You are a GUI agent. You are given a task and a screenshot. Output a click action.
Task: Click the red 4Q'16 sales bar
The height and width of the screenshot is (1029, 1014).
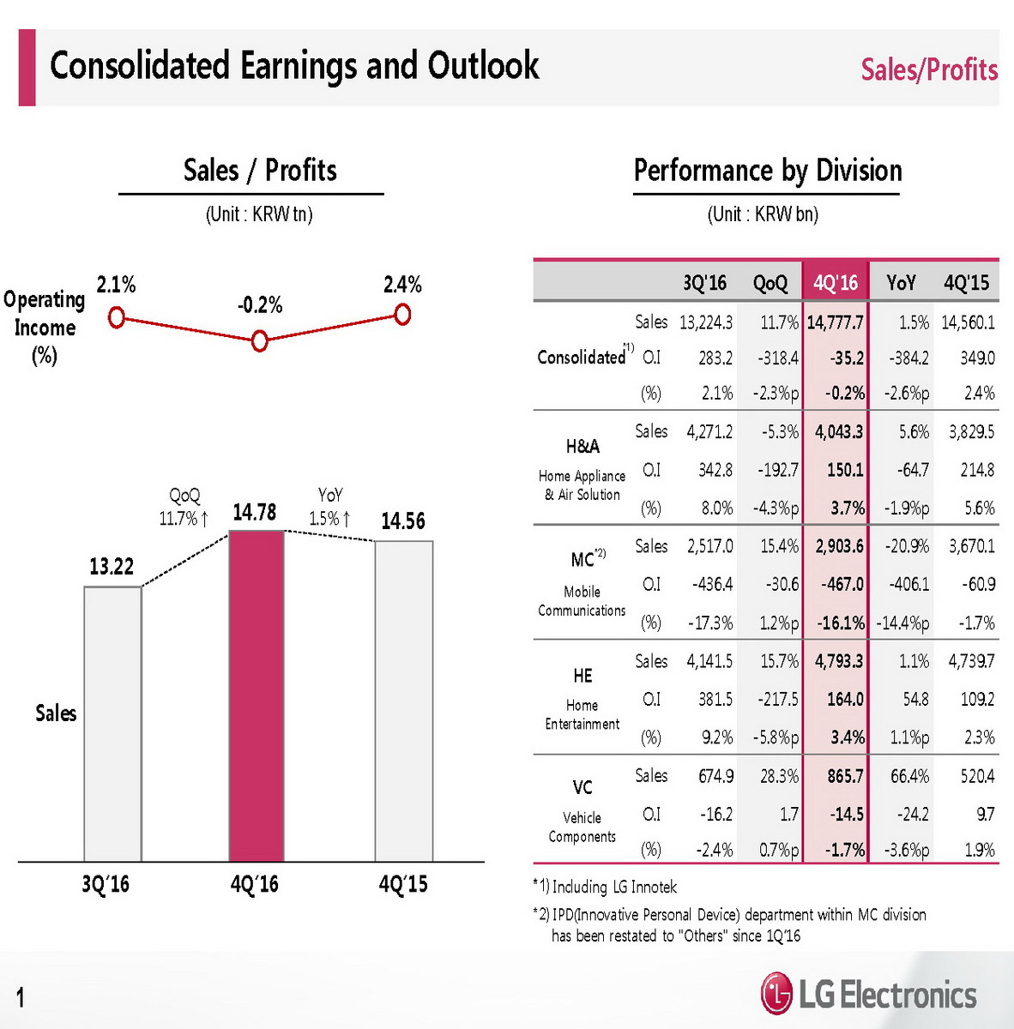256,695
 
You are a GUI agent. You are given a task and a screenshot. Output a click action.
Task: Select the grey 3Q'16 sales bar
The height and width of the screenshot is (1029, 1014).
112,724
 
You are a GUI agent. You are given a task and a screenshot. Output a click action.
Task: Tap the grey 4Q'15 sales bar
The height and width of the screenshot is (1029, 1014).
403,701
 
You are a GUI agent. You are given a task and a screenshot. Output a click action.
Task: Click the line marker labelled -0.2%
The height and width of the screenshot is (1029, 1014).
260,341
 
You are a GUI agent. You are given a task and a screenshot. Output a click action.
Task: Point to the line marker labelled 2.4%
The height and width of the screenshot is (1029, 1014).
401,315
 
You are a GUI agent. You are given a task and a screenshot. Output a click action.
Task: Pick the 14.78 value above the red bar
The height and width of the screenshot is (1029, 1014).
255,513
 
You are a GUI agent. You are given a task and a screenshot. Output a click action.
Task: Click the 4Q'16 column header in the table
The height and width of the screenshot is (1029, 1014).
836,282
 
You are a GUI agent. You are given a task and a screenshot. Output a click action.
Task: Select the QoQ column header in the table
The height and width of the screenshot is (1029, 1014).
770,282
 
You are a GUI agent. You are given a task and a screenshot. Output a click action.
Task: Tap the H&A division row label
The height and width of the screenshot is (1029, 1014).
582,447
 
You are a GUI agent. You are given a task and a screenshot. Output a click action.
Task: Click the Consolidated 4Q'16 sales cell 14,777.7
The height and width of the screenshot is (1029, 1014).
835,322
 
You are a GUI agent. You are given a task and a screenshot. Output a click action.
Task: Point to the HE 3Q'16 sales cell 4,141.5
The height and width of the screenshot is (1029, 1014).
709,661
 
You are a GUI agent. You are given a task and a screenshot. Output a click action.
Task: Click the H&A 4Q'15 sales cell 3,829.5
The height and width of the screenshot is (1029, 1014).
971,431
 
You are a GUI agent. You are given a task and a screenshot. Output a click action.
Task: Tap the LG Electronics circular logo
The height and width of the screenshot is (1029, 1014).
776,994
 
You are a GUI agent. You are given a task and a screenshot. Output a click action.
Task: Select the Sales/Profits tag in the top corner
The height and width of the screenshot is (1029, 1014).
929,69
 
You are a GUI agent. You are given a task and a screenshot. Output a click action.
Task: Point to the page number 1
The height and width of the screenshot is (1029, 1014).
21,996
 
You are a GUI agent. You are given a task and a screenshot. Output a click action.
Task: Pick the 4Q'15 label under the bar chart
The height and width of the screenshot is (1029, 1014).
403,884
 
